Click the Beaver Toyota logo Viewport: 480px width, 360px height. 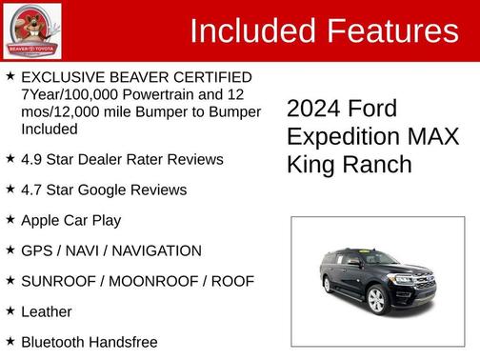point(32,30)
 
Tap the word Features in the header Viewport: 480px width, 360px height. point(393,31)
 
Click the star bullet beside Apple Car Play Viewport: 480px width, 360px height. point(10,219)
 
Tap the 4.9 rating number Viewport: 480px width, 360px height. point(31,159)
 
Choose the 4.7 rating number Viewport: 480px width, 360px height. point(31,190)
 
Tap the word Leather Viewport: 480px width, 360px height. point(46,311)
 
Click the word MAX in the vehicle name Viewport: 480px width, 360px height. point(430,136)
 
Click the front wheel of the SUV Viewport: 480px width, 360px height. point(376,300)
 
